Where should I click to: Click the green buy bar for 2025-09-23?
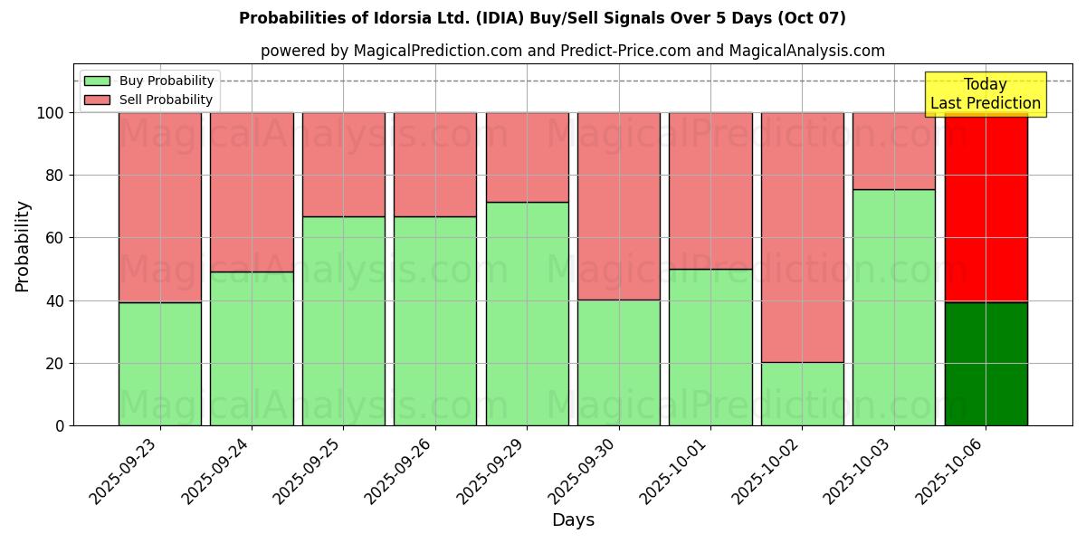coord(160,364)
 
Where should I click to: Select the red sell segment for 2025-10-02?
coord(803,237)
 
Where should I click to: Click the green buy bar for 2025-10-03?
coord(894,308)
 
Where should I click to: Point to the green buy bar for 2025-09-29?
coord(528,314)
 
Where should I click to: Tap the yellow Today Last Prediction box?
coord(986,94)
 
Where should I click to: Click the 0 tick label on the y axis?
coord(60,426)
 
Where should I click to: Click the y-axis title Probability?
coord(23,246)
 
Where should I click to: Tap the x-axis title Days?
coord(573,520)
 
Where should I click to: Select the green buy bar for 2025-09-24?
coord(252,348)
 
